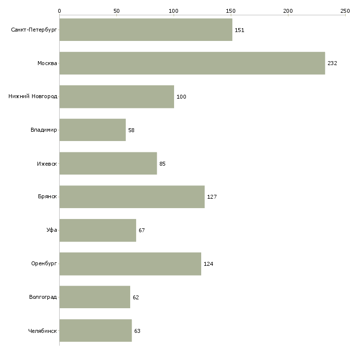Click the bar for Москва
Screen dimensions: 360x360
point(192,63)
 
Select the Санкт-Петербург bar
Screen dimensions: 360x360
point(146,30)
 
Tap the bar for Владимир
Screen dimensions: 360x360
point(93,130)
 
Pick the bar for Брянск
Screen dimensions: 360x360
point(132,197)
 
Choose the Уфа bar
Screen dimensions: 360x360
point(98,230)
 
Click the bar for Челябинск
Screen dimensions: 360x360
point(96,330)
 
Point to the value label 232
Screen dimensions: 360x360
point(332,63)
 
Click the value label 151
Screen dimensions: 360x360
point(240,30)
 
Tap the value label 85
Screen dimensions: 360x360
point(162,164)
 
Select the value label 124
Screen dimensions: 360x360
point(208,264)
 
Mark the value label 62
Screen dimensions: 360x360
point(136,297)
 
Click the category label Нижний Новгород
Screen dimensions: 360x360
point(33,97)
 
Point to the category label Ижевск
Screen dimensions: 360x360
point(47,164)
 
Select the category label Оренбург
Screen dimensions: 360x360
point(44,263)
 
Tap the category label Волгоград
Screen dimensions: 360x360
point(43,297)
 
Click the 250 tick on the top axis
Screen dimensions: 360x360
point(345,11)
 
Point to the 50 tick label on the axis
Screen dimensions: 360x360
point(116,11)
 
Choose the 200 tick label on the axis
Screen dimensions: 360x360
point(288,11)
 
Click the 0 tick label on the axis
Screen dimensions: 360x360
point(60,11)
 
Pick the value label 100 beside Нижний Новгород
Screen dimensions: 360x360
point(181,97)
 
